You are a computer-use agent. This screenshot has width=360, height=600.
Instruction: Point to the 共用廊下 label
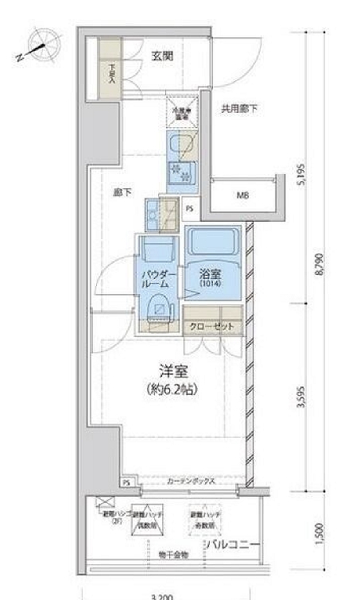point(239,107)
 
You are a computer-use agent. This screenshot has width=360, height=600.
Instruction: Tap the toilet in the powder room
point(160,308)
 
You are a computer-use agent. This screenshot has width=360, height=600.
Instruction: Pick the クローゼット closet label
point(211,326)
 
